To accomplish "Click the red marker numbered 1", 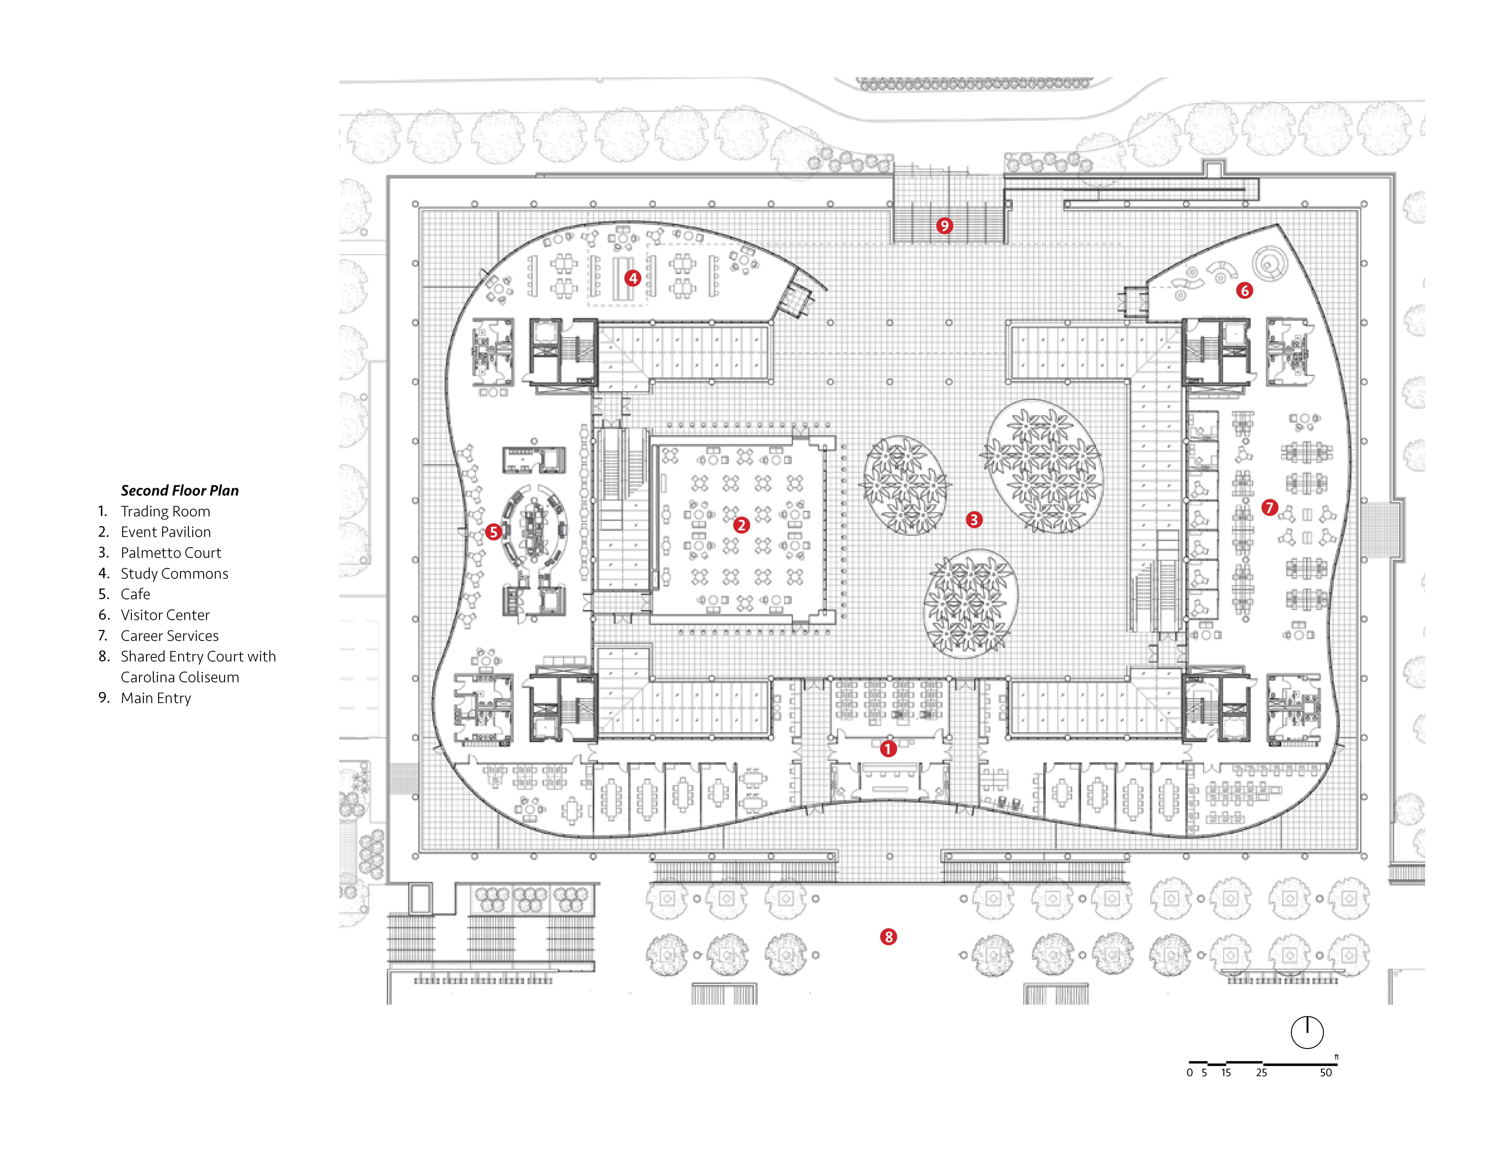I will click(x=888, y=749).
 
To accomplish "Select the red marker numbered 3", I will click(x=974, y=520).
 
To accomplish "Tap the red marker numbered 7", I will click(x=1270, y=507).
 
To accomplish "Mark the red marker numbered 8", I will click(x=888, y=937).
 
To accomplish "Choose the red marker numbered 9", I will click(x=944, y=226).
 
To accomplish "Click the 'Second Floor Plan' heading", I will click(x=180, y=490).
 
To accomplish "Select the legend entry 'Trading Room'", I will click(x=165, y=511).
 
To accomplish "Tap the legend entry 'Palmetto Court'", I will click(x=171, y=552).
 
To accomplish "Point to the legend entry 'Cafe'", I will click(x=135, y=594).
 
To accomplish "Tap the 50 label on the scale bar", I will click(x=1326, y=1073).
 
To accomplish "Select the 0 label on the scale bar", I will click(x=1189, y=1073).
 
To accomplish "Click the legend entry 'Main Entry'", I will click(x=156, y=698).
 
